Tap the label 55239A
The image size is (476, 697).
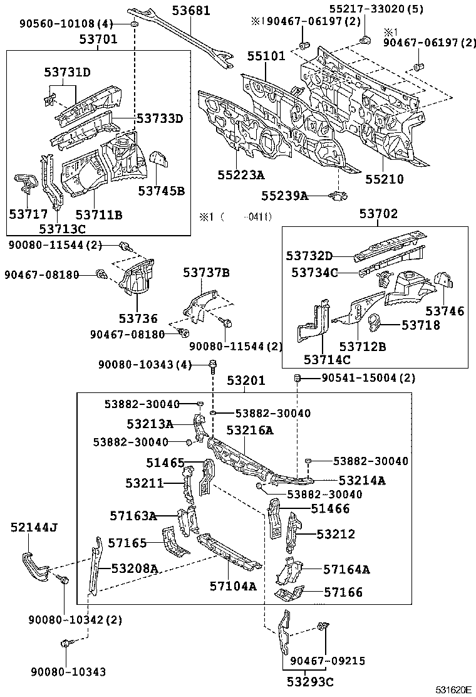coord(286,196)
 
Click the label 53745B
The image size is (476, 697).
coord(162,191)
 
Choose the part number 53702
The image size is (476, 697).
coord(378,214)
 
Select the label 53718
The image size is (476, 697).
coord(421,325)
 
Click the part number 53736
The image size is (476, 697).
coord(138,318)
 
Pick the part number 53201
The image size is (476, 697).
coord(246,380)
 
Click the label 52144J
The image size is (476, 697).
coord(34,527)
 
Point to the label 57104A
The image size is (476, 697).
coord(233,586)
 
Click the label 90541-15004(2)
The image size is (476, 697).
coord(359,378)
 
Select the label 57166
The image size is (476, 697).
coord(343,592)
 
